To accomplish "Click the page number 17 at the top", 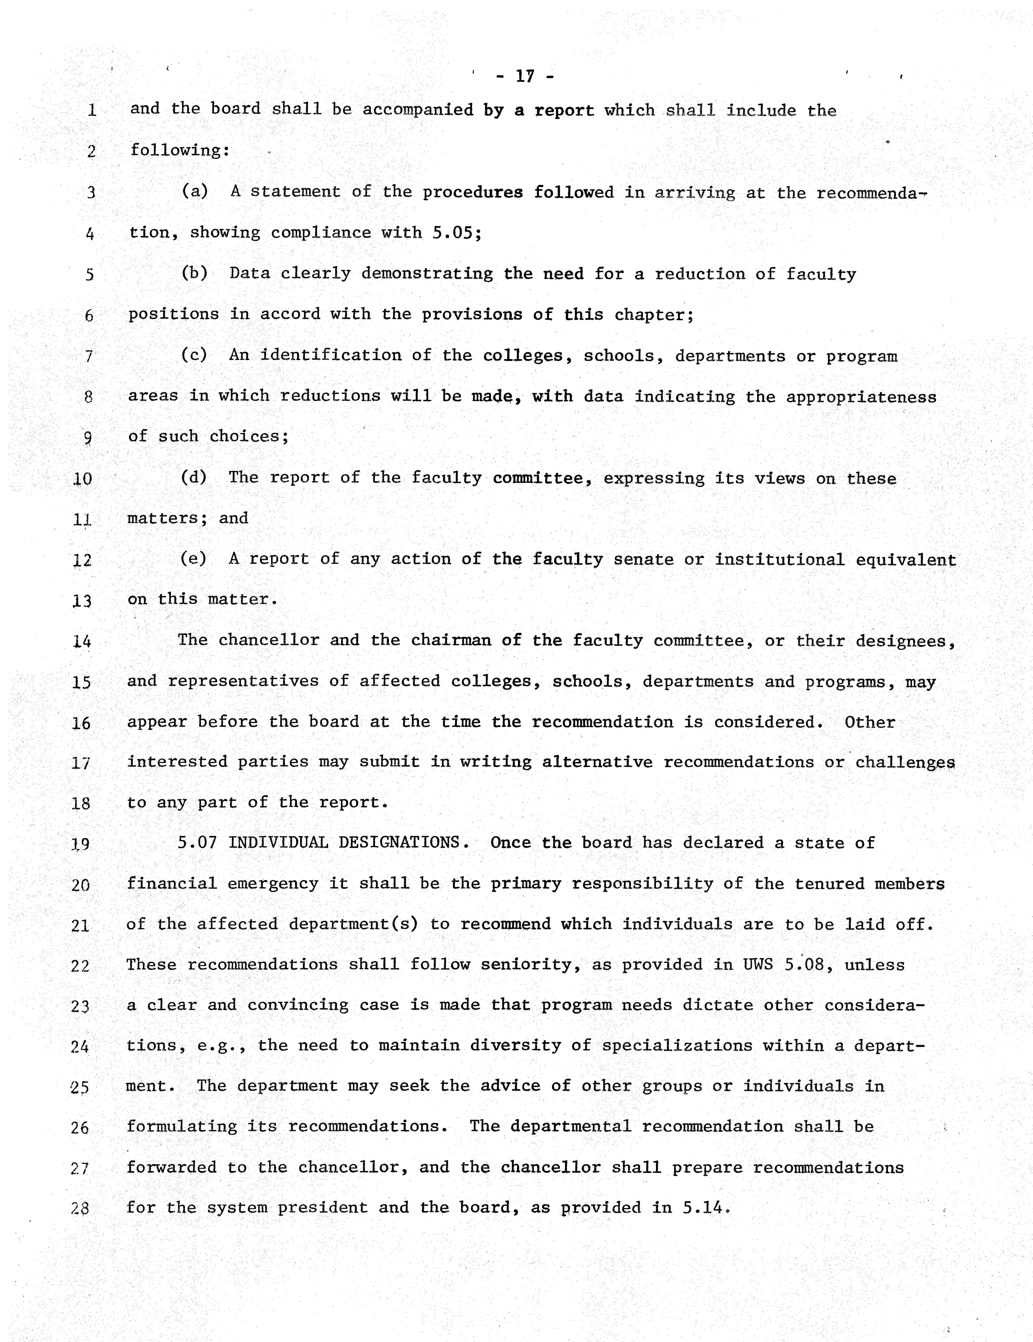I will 524,76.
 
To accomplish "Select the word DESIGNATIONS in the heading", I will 404,842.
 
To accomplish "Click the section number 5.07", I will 197,842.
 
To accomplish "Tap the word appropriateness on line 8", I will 861,397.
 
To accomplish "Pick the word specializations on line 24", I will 677,1046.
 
